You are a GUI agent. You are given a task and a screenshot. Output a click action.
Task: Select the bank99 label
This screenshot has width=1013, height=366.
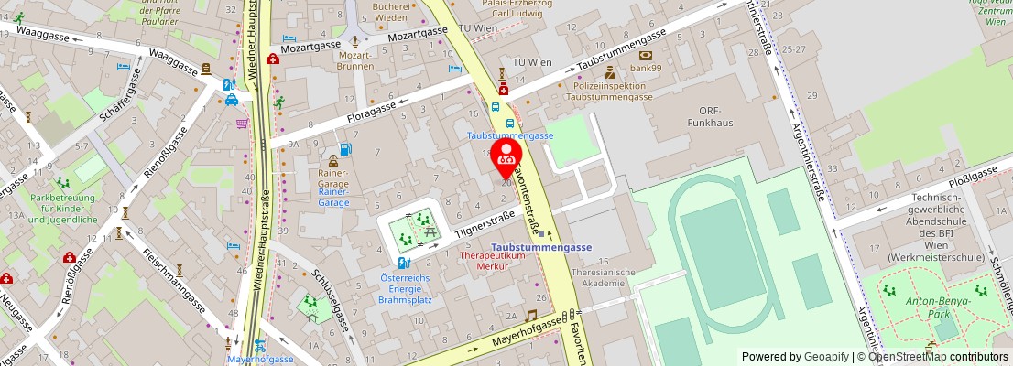point(646,68)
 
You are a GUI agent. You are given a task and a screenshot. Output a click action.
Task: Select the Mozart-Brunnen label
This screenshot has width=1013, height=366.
point(355,59)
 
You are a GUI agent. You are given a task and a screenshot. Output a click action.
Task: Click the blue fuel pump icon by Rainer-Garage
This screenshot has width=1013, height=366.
point(345,148)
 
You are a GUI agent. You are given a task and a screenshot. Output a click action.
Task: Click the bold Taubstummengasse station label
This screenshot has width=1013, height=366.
point(540,247)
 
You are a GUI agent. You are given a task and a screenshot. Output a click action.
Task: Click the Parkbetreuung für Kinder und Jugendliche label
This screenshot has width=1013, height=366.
point(63,208)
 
